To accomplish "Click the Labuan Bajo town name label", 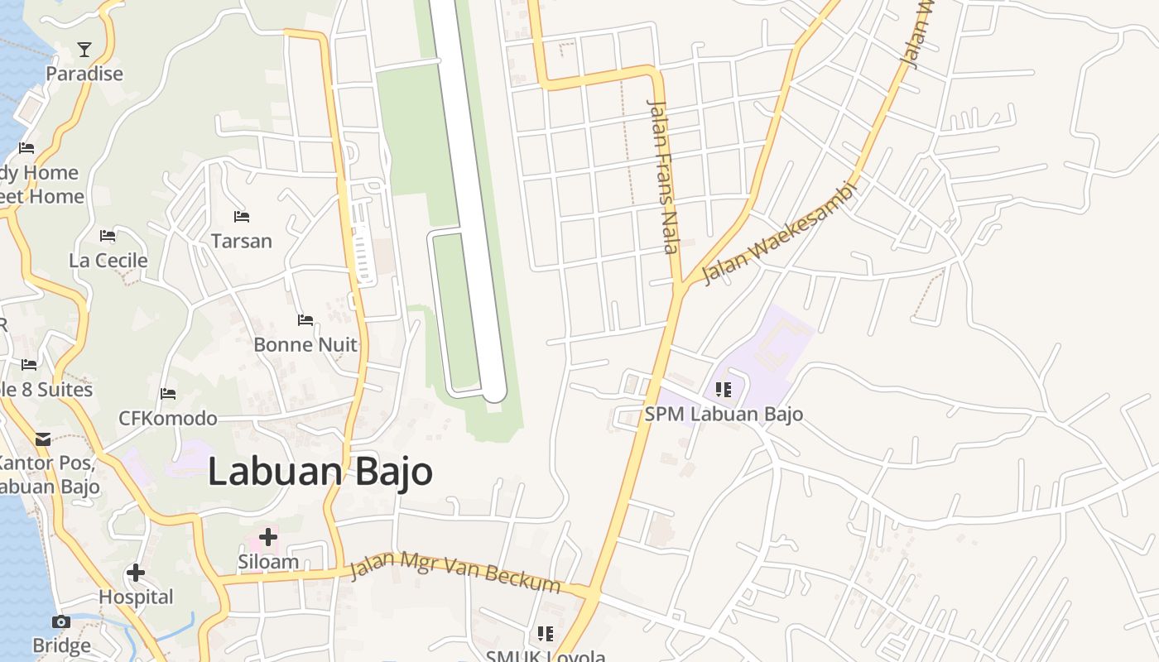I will pos(320,472).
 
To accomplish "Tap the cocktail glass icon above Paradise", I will pos(84,50).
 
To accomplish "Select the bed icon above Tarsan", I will pos(242,217).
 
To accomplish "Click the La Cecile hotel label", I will pos(108,261).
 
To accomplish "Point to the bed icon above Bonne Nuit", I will pos(305,320).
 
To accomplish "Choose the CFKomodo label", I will pos(168,419).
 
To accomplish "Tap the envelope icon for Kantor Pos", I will pos(42,439).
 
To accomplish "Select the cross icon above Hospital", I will pos(136,573).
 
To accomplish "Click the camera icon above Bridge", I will pos(60,621).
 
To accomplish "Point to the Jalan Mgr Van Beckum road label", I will pos(454,573).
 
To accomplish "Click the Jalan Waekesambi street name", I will pos(777,233).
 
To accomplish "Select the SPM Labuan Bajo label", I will pos(724,414).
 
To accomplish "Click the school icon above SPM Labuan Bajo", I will pos(724,389).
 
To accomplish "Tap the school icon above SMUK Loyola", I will pos(545,634).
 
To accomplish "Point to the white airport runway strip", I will pos(467,199).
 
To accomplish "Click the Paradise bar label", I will pos(84,74).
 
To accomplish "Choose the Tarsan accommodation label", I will pos(242,241).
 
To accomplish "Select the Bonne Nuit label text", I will pos(305,344).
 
